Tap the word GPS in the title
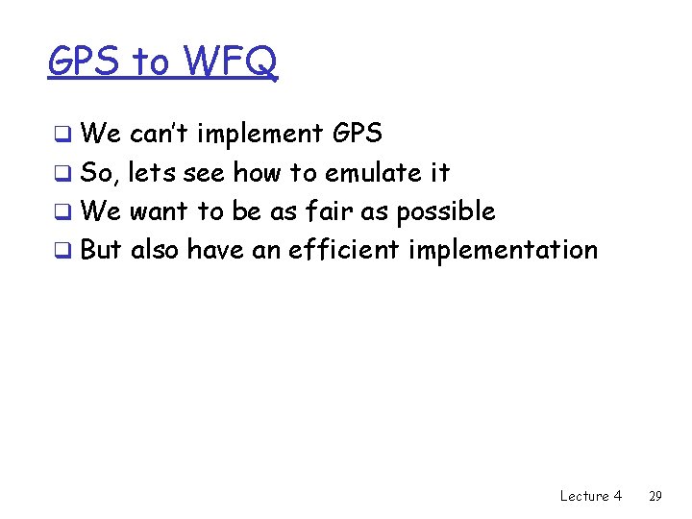pyautogui.click(x=86, y=62)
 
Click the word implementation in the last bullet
pyautogui.click(x=503, y=251)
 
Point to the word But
pyautogui.click(x=101, y=250)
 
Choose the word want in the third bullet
pyautogui.click(x=159, y=211)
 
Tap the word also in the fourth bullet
pyautogui.click(x=155, y=250)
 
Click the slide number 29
pyautogui.click(x=655, y=496)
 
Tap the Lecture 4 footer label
pyautogui.click(x=590, y=496)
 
